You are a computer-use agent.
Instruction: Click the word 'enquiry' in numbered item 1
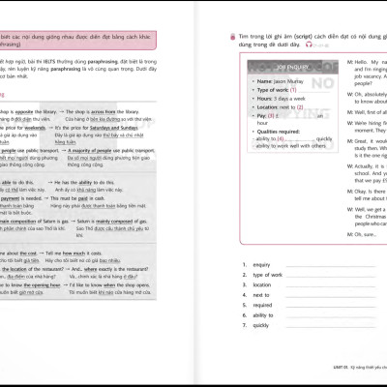pyautogui.click(x=261, y=262)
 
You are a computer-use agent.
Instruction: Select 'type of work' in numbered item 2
pyautogui.click(x=267, y=274)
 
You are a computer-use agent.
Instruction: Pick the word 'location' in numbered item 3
pyautogui.click(x=262, y=284)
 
